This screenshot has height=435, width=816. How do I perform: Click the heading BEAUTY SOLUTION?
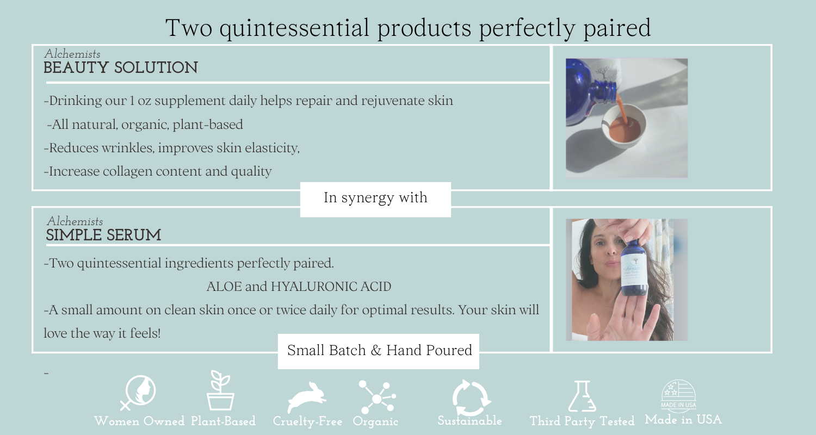coord(121,68)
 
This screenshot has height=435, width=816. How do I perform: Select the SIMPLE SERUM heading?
coord(103,235)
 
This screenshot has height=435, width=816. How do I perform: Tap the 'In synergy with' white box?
coord(375,200)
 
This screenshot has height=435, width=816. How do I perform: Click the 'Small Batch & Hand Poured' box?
coord(379,351)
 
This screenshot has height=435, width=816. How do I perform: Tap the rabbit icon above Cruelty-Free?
coord(306,397)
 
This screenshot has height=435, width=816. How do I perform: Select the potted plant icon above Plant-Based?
coord(220,390)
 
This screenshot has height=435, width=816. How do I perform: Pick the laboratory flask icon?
coord(582,396)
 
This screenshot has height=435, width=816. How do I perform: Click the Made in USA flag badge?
coord(678,396)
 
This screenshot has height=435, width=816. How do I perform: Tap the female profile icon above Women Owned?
coord(138,393)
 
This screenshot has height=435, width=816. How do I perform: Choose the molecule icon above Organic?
coord(377,397)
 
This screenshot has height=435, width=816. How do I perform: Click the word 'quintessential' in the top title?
coord(294,28)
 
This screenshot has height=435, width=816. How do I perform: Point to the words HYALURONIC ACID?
coord(331,287)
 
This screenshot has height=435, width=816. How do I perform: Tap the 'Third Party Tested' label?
coord(582,421)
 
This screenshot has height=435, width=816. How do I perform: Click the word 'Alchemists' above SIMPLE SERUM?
coord(75,221)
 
